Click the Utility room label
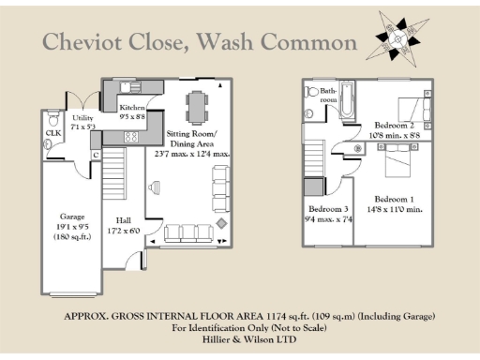coord(82,119)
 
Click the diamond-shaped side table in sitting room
coord(220,226)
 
